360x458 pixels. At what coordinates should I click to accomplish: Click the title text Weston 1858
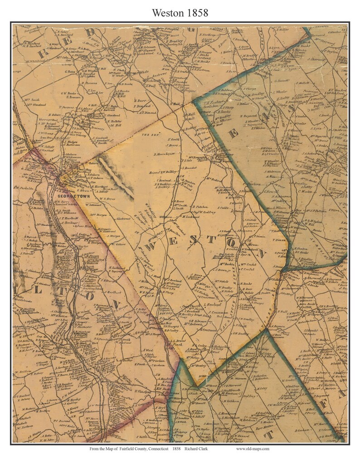tap(180, 13)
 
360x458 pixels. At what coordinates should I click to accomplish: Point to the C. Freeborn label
tap(252, 184)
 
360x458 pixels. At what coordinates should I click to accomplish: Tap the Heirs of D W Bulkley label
tap(162, 173)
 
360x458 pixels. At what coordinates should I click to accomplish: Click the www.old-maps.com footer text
tap(252, 449)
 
